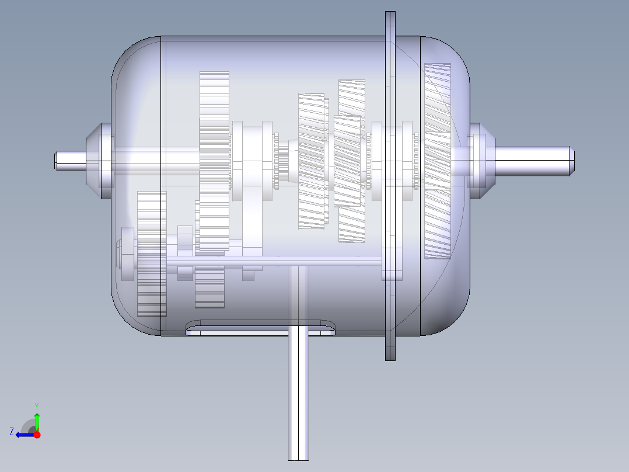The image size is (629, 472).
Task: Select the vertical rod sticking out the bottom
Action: [298, 397]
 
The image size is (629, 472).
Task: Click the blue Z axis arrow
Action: [23, 435]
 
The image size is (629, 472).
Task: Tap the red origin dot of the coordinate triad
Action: [37, 435]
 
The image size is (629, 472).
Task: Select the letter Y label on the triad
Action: [36, 405]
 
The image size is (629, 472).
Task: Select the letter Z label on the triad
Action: [12, 432]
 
